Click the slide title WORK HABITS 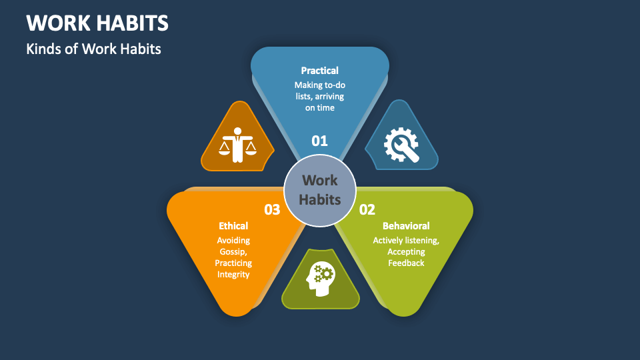[x=97, y=23]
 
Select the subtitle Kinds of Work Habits [x=94, y=49]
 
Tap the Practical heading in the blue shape [x=320, y=70]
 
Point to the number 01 [x=320, y=141]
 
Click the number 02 [x=367, y=209]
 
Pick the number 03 [x=272, y=209]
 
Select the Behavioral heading [x=406, y=226]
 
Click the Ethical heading [x=233, y=226]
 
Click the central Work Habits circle [x=320, y=190]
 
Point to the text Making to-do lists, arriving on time [x=320, y=96]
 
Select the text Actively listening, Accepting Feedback [x=406, y=251]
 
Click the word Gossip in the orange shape [x=233, y=251]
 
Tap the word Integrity [x=233, y=274]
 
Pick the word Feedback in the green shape [x=406, y=263]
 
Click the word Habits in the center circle [x=320, y=199]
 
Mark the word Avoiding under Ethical [x=233, y=240]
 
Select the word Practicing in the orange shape [x=233, y=263]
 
